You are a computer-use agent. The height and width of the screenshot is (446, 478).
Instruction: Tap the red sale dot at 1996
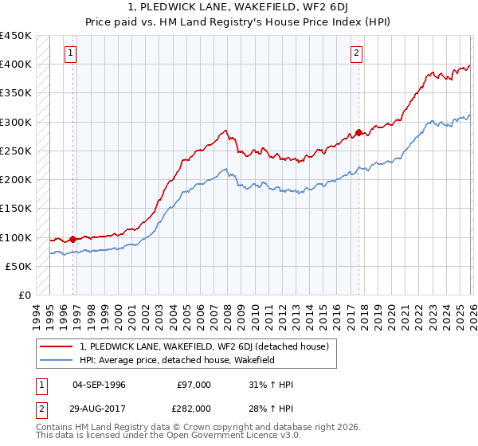[73, 238]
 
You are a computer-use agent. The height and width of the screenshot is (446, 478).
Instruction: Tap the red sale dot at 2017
[358, 132]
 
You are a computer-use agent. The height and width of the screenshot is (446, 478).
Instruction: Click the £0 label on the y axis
[25, 295]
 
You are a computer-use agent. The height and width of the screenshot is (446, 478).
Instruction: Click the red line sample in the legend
[57, 346]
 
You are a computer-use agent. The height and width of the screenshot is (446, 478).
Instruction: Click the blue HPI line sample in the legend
[57, 361]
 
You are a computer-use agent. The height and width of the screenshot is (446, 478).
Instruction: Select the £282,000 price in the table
[194, 408]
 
